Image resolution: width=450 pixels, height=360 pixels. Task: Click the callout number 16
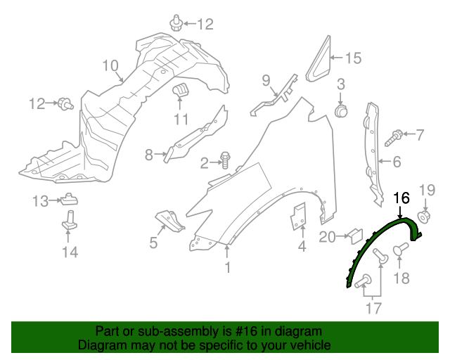(401, 198)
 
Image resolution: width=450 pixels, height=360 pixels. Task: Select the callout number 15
(352, 58)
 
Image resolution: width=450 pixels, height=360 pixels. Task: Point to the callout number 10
(110, 65)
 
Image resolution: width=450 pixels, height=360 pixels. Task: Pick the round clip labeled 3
(342, 110)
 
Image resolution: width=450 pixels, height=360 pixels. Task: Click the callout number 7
(420, 134)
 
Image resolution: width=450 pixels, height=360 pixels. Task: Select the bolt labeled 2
(226, 161)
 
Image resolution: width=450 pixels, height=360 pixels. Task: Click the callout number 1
(227, 267)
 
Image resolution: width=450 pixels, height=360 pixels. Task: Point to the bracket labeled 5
(169, 220)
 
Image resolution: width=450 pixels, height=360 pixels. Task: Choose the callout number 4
(302, 247)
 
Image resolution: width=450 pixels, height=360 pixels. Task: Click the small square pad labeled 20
(355, 235)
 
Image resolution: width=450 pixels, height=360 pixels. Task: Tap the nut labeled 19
(424, 219)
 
